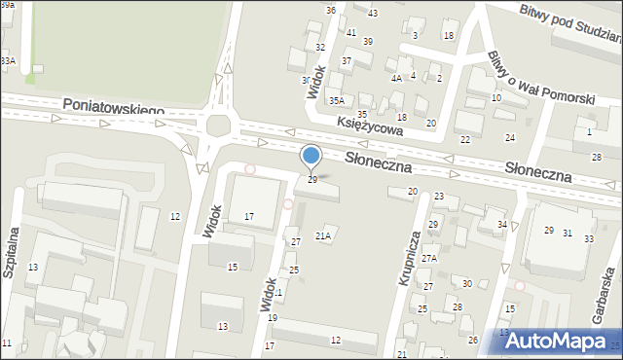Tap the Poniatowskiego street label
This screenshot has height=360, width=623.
(x=113, y=106)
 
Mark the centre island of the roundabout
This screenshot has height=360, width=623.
(x=219, y=126)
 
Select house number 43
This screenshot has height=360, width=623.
(x=373, y=13)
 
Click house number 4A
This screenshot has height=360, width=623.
(x=396, y=78)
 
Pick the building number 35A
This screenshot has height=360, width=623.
(x=337, y=100)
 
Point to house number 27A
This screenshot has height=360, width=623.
(x=429, y=259)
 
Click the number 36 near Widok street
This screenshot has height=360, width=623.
(x=331, y=10)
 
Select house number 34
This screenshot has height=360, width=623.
(x=502, y=225)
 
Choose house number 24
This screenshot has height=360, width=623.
(x=509, y=138)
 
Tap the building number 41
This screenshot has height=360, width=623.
(x=351, y=32)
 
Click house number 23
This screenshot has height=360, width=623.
(x=439, y=197)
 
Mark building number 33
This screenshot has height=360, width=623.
(x=589, y=238)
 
